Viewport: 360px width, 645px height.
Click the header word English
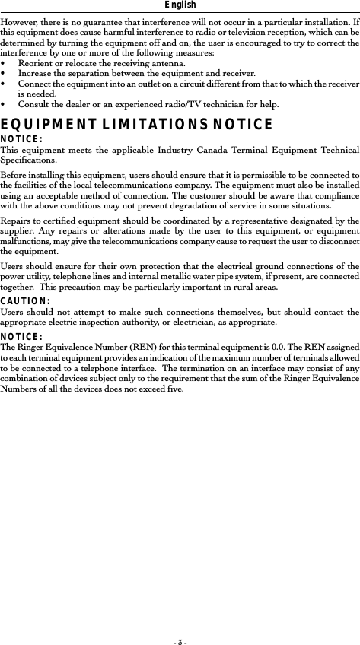click(x=180, y=5)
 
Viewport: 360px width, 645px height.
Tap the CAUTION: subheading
click(x=25, y=301)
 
